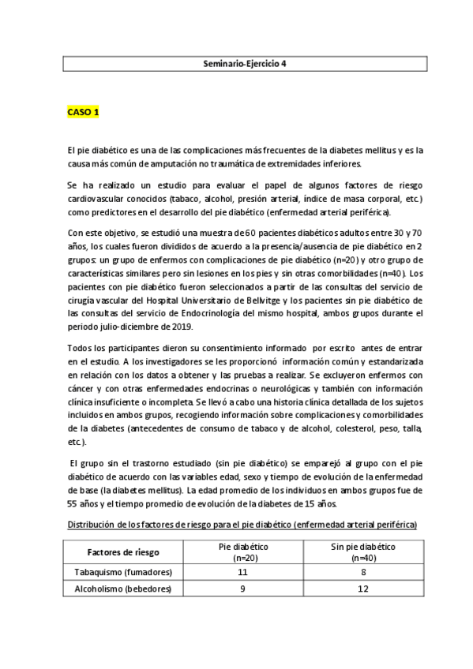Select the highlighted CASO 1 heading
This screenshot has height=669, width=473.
point(82,113)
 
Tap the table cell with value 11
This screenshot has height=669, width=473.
point(242,572)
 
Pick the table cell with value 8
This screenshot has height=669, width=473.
point(364,572)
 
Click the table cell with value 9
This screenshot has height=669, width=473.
point(242,589)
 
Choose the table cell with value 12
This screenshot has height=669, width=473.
point(364,589)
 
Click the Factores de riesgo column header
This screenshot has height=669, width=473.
point(122,551)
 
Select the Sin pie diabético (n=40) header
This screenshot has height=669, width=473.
point(364,551)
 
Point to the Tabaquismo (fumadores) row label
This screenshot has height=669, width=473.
point(122,572)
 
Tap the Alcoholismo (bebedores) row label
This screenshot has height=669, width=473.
point(122,589)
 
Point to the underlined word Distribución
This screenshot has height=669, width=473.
point(93,525)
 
